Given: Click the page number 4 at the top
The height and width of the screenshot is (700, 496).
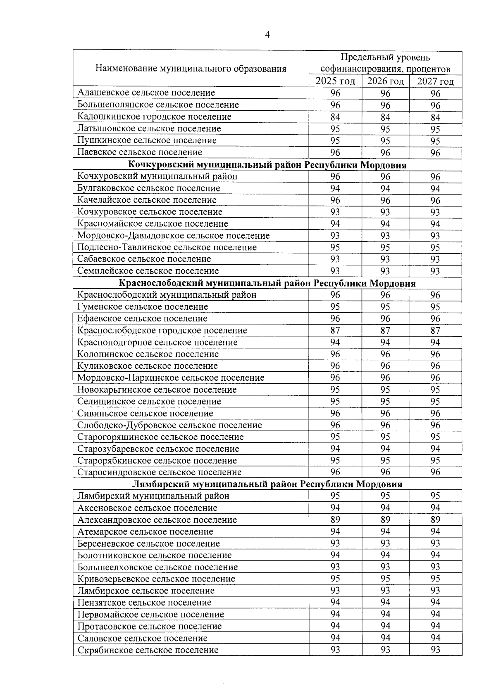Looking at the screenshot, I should click(267, 35).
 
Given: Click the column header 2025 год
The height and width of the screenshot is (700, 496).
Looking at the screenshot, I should click(335, 81).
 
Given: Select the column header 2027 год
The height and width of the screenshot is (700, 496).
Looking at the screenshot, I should click(435, 81).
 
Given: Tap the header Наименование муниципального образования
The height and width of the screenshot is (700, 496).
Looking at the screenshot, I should click(191, 69).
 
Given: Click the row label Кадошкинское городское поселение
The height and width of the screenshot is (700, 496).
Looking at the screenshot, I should click(154, 117).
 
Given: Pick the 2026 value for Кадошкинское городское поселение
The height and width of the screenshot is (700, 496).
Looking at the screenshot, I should click(385, 117).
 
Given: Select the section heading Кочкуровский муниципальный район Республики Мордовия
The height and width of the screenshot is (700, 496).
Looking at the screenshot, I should click(267, 165).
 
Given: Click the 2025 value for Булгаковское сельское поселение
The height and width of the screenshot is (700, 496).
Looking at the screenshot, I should click(335, 189).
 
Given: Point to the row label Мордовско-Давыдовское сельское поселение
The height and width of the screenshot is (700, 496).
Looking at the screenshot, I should click(174, 236).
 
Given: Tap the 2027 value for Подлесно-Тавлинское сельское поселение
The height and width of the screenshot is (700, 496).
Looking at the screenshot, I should click(435, 248).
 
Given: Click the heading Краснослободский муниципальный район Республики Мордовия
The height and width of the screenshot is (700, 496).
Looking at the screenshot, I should click(267, 283).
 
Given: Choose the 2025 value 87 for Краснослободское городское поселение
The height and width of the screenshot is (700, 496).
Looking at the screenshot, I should click(335, 330).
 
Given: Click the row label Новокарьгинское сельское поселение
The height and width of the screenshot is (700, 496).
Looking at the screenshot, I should click(157, 390).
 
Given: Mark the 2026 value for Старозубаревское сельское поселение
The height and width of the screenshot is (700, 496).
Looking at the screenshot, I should click(385, 449).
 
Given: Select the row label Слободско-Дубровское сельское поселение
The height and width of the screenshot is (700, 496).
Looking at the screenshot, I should click(169, 425).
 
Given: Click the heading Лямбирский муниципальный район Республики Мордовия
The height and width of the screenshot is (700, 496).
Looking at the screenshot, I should click(267, 484).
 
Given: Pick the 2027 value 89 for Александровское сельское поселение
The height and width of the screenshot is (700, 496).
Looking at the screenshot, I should click(435, 520).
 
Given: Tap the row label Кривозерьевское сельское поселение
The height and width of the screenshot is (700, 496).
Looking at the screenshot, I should click(156, 579).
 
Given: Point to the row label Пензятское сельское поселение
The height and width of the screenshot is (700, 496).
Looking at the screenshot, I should click(144, 603).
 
